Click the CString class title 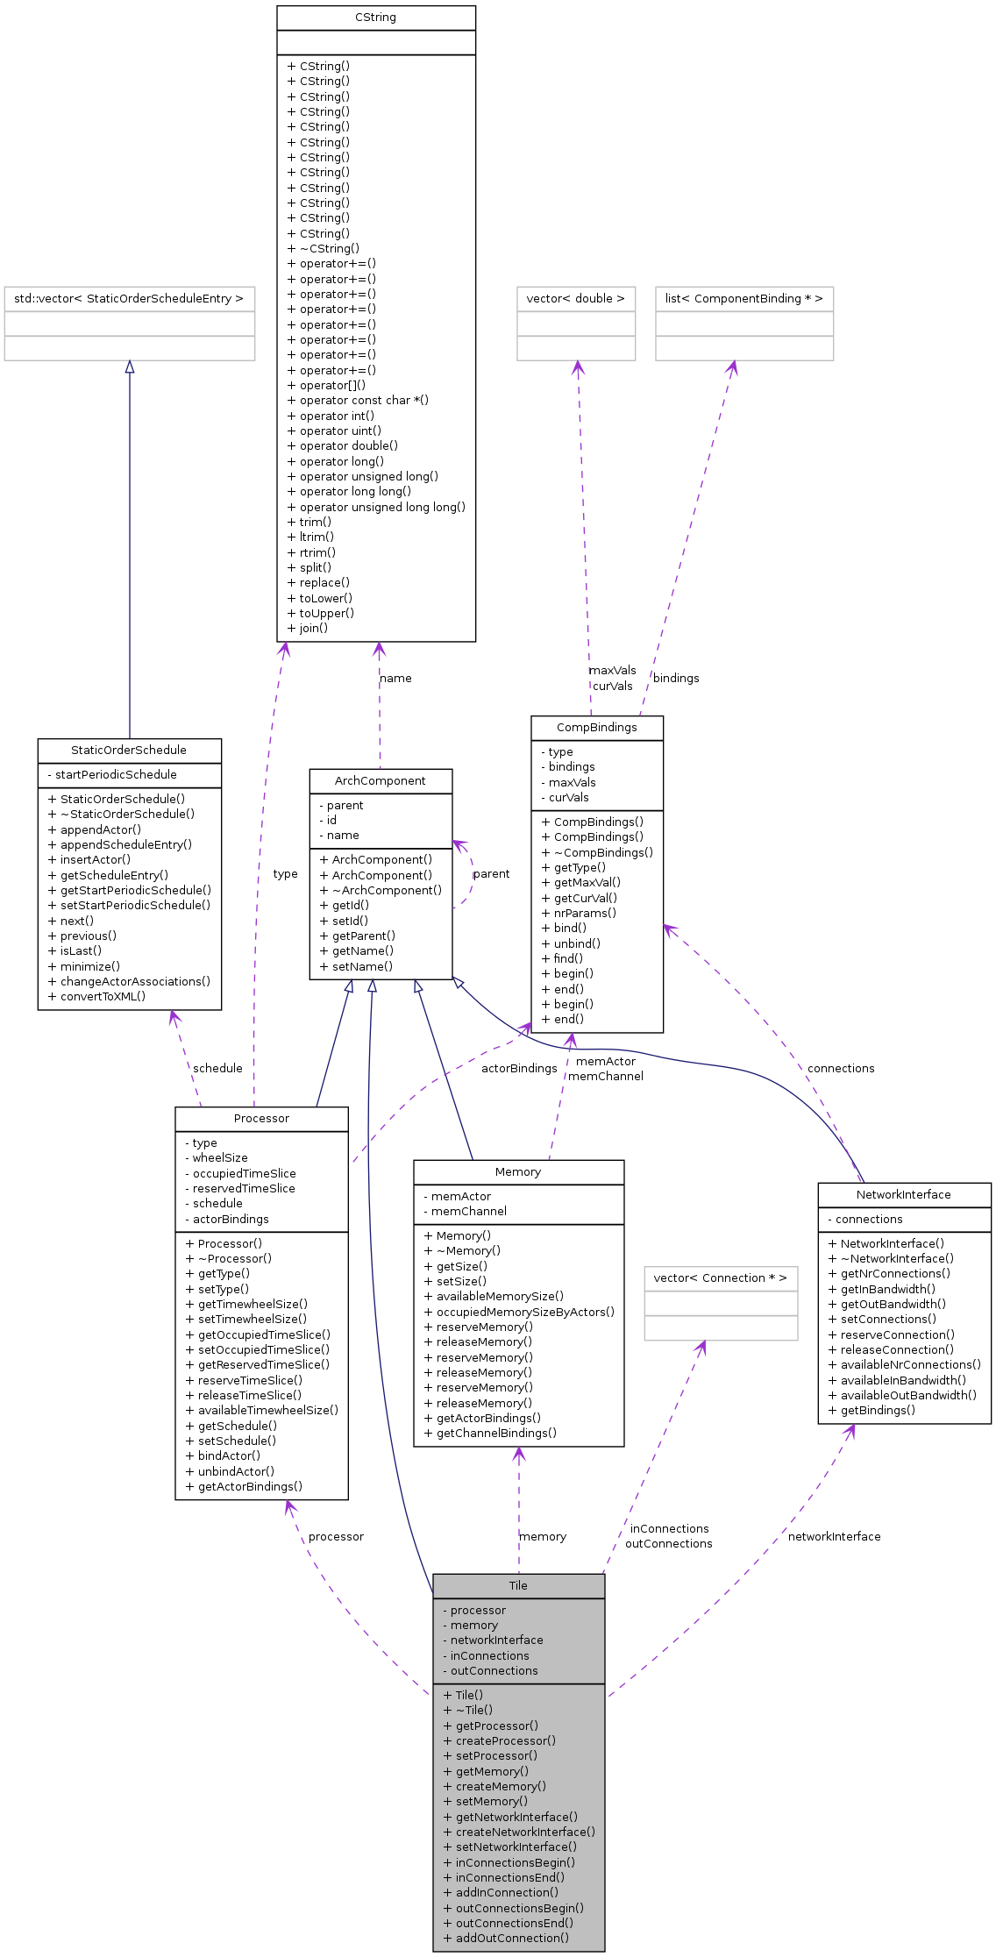pos(375,18)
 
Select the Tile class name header pos(518,1585)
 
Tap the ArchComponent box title pos(380,780)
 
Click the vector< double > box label pos(575,298)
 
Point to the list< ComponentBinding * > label pos(743,298)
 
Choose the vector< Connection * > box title pos(720,1277)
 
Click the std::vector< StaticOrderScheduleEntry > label pos(129,298)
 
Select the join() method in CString pos(308,628)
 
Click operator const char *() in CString pos(358,400)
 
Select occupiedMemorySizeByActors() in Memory pos(519,1312)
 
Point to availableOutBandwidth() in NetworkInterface pos(902,1395)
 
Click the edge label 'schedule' pos(217,1068)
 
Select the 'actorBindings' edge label pos(519,1068)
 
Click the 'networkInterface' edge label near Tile pos(834,1536)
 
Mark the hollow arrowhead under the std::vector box pos(130,367)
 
